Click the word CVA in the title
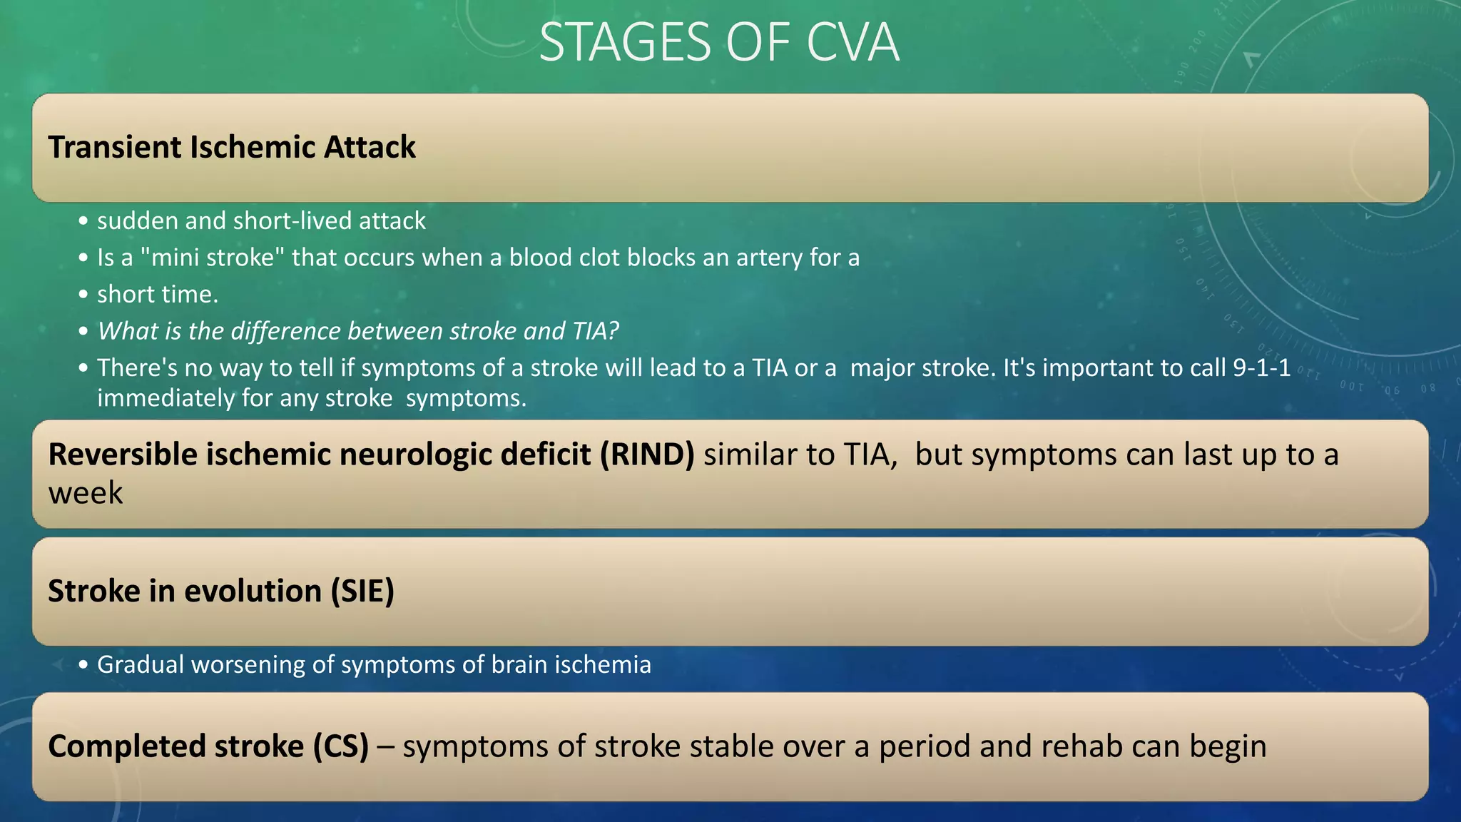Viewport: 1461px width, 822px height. point(852,43)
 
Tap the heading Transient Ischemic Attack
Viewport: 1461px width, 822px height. point(232,147)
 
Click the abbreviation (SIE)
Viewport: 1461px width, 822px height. point(362,591)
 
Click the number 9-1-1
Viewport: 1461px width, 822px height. point(1262,367)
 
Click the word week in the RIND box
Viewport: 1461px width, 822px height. point(86,493)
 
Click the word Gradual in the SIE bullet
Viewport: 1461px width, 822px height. point(141,665)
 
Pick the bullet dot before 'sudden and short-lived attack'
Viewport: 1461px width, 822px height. point(83,221)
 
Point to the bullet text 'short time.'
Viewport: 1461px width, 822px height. point(158,295)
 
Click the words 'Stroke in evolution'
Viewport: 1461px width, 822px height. point(185,591)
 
